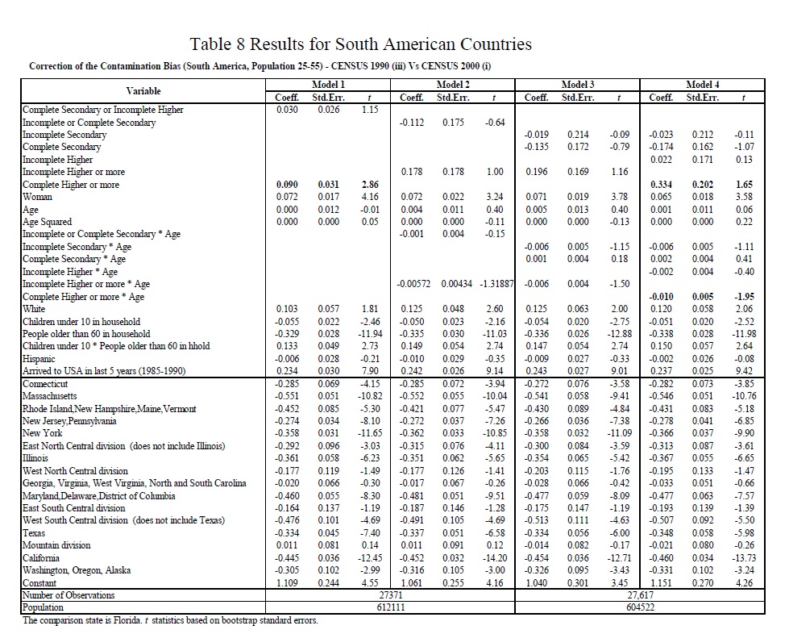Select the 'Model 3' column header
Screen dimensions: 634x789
578,85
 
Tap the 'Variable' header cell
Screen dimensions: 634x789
143,91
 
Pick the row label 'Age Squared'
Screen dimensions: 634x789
48,222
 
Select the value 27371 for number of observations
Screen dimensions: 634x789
390,595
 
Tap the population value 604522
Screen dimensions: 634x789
641,607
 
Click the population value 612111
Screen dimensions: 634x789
390,607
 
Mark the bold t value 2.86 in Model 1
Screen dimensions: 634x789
370,185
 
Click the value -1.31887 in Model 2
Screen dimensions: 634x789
492,284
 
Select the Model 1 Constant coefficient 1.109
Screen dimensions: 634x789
287,582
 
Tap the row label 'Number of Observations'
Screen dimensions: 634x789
69,595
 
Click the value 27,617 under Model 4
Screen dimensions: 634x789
641,595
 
